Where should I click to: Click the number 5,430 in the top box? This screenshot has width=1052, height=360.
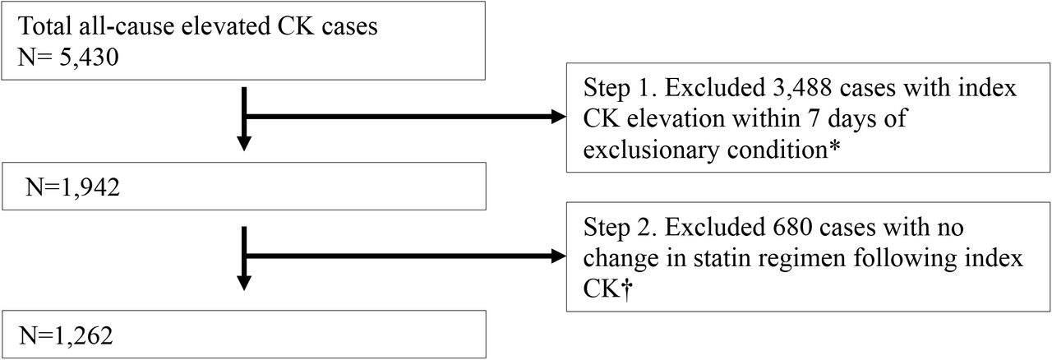89,58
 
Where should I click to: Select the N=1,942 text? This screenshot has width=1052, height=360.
73,187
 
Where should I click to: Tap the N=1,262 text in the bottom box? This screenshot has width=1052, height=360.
66,335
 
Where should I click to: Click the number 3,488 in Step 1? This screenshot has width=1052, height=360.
802,88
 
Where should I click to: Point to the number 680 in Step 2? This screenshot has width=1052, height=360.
792,228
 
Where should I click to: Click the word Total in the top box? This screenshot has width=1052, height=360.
45,25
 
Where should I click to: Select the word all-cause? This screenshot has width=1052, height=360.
127,25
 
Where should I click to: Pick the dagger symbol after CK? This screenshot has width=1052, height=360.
626,289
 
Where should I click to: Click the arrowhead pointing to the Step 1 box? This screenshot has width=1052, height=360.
558,117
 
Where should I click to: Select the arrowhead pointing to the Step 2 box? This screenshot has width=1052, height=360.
558,256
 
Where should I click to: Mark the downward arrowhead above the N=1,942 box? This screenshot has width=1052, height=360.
244,143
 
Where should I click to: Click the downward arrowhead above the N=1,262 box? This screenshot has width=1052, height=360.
244,283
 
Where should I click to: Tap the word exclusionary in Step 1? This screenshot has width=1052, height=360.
652,150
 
